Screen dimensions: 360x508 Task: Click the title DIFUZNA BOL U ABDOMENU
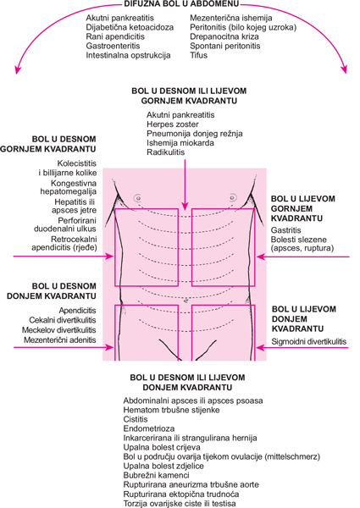click(181, 3)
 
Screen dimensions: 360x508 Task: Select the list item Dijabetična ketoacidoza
click(130, 27)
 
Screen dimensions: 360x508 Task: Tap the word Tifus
click(198, 55)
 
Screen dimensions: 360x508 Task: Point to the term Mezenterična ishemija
click(231, 18)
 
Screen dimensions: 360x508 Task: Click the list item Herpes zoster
click(173, 124)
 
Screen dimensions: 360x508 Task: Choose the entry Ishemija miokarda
click(180, 143)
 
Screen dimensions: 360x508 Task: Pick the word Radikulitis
click(165, 152)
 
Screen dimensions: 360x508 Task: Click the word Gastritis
click(285, 230)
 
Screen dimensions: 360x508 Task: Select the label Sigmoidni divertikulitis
click(309, 341)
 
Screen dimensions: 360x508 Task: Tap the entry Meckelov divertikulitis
click(59, 330)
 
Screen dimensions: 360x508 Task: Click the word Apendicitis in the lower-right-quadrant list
click(77, 311)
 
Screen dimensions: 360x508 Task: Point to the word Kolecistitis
click(77, 163)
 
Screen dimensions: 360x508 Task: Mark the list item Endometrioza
click(149, 428)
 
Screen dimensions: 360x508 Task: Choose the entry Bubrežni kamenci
click(156, 475)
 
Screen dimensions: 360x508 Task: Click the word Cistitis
click(136, 419)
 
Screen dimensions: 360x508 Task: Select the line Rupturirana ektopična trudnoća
click(181, 494)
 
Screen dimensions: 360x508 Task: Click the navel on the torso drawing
click(185, 301)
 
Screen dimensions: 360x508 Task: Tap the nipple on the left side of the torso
click(137, 197)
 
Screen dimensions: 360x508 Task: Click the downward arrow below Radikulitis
click(185, 184)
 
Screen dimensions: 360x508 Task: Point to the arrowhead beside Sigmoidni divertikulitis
click(259, 348)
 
